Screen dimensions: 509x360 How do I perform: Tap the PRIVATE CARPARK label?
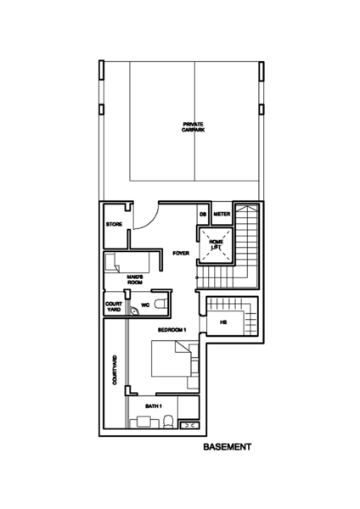pos(193,126)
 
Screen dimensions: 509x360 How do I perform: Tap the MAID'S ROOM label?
pos(133,279)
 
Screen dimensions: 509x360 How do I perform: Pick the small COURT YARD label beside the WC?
pos(114,305)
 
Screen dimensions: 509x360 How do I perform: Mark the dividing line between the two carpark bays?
pos(195,127)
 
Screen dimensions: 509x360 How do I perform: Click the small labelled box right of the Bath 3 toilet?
pos(189,423)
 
